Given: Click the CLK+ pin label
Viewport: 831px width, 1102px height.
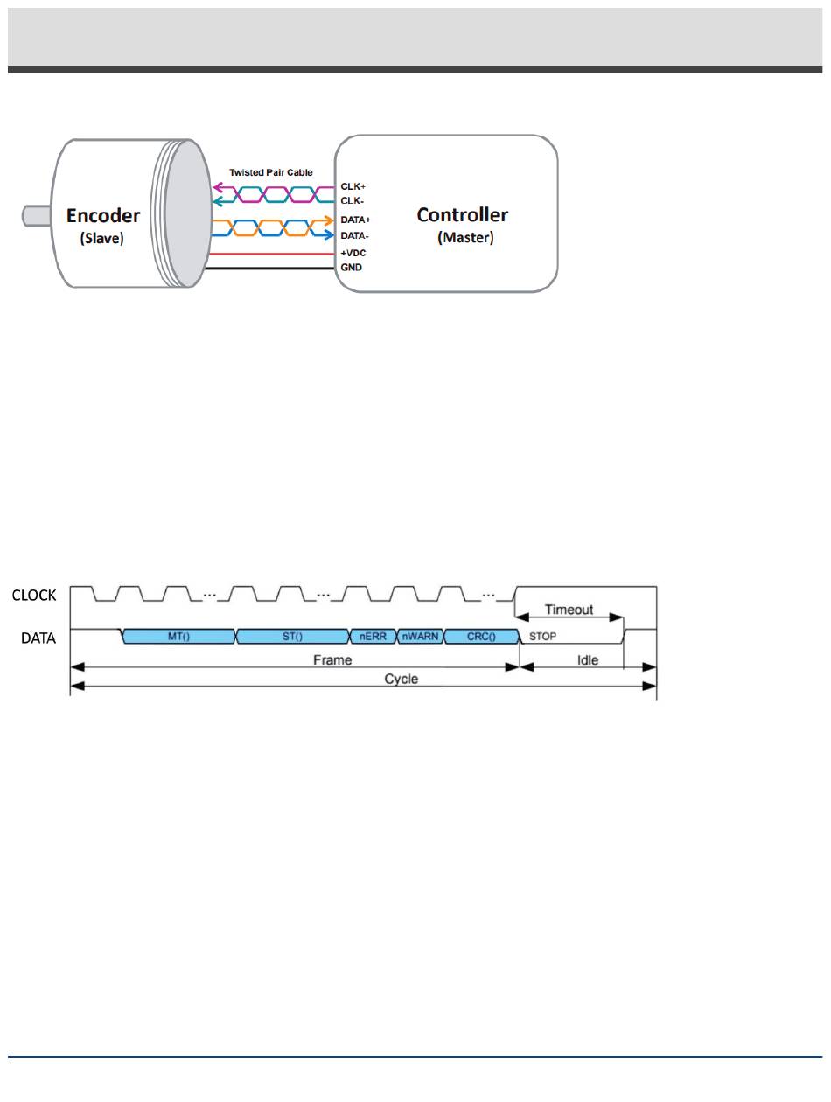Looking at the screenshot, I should pos(353,187).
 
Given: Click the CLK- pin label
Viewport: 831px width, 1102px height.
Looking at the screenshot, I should pos(352,201).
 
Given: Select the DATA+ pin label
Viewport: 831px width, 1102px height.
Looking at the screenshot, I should pos(355,220).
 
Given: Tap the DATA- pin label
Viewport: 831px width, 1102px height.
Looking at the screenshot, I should pos(354,235).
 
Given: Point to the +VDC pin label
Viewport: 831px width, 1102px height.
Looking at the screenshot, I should pos(353,252).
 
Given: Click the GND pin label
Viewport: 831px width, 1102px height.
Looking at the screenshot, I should pos(351,266).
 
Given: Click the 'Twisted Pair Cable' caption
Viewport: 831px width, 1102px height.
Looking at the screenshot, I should pos(270,172).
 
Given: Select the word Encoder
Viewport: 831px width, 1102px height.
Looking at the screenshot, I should pos(103,216).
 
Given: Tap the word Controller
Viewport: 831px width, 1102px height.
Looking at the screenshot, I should pos(462,214).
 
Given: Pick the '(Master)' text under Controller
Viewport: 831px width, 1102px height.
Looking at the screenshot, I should pos(465,237).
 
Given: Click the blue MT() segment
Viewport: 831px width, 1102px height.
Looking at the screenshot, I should pos(180,637).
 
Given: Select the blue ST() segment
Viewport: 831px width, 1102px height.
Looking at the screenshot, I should pos(292,637).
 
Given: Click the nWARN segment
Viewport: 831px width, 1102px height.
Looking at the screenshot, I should pos(420,637).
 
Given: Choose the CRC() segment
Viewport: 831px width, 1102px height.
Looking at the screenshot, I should pos(481,637).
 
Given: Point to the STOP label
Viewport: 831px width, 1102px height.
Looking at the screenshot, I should pos(543,637).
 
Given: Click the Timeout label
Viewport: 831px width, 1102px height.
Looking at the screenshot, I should pos(569,610).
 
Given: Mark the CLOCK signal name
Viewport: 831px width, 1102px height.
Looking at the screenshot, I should pos(34,596).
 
